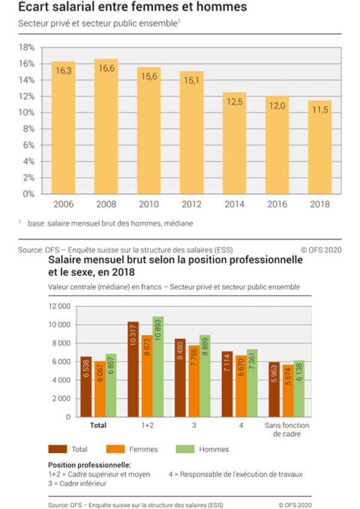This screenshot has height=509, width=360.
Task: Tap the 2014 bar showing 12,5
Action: coord(234,142)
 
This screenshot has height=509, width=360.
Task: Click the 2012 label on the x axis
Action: coord(191,203)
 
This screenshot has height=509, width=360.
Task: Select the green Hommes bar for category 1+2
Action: coord(158,367)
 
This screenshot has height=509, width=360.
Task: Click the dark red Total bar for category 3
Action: coord(181,378)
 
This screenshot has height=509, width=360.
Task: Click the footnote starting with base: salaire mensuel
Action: coord(109,223)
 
